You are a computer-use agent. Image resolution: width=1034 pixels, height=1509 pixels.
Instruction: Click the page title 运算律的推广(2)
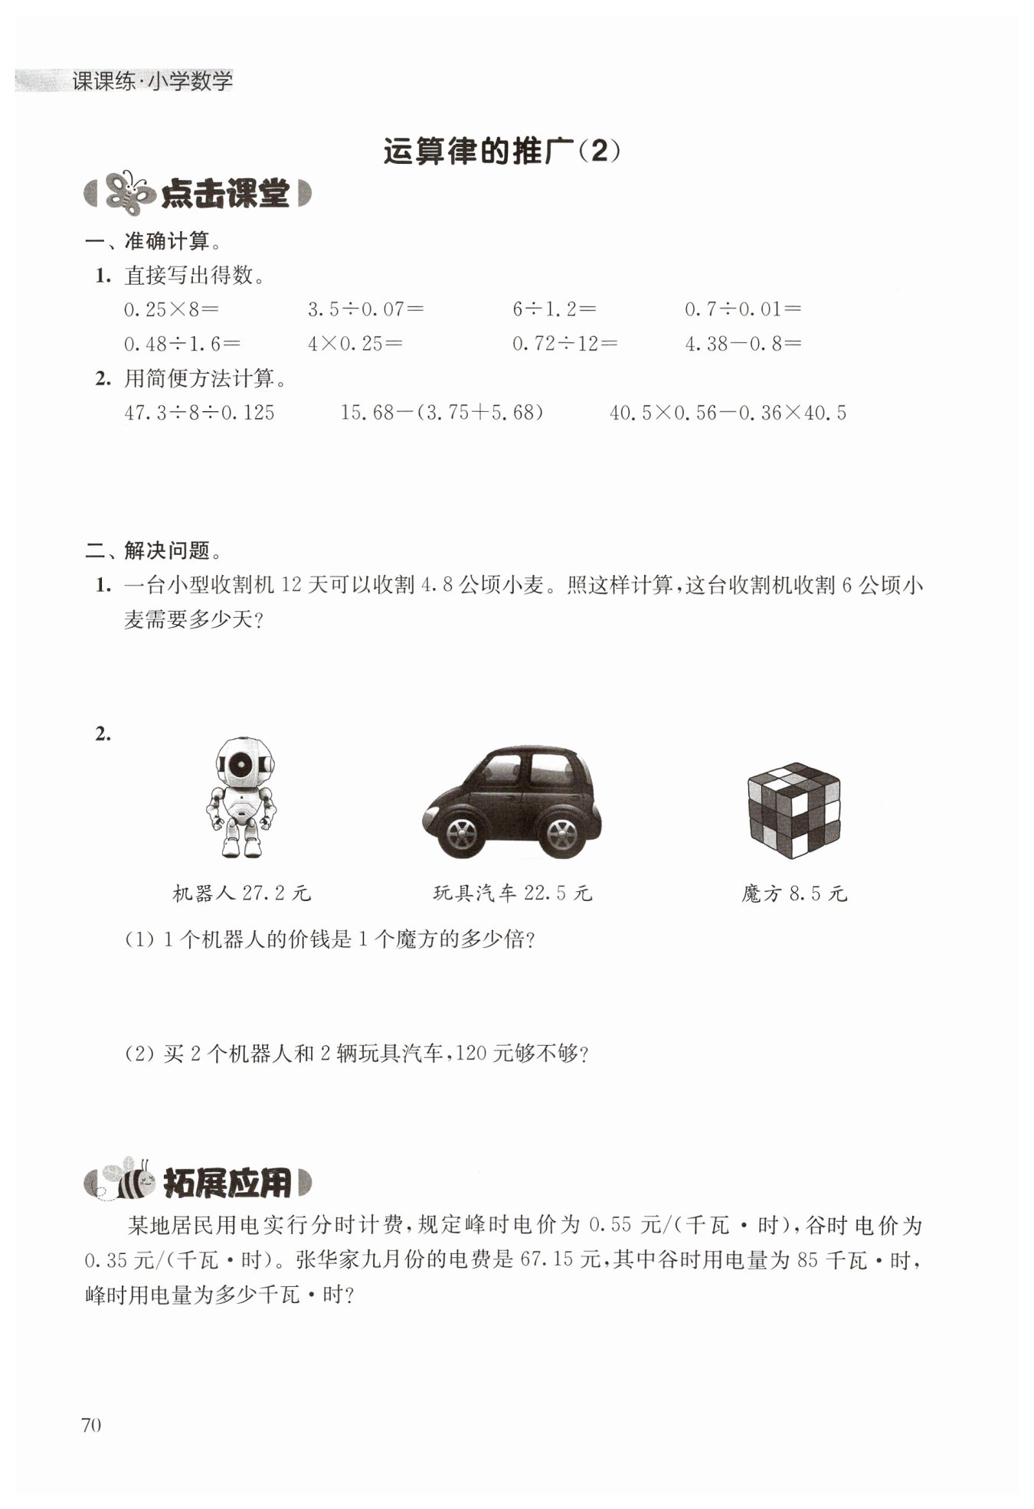pos(502,152)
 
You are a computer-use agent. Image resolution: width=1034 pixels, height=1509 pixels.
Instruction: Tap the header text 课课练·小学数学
pos(152,81)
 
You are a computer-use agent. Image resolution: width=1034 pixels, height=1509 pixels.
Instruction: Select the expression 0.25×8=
pos(172,309)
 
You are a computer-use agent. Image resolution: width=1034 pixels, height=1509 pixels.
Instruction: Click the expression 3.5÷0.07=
pos(365,309)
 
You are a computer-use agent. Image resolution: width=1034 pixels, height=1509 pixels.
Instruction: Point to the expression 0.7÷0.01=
pos(742,309)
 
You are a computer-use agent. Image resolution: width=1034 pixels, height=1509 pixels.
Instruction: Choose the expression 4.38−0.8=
pos(742,344)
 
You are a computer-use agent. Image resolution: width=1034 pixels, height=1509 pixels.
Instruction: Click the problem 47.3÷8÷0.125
pos(199,413)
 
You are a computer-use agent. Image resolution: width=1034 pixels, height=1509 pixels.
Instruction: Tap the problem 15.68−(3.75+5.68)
pos(442,413)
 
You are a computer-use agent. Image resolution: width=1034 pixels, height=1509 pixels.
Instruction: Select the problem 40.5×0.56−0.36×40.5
pos(728,413)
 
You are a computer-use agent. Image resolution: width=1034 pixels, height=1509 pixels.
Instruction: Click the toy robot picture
pos(241,796)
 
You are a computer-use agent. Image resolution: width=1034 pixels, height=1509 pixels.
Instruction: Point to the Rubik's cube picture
pos(793,810)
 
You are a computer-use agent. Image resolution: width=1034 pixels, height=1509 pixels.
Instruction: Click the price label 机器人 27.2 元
pos(242,893)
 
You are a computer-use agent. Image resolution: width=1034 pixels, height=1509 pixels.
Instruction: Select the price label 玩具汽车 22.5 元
pos(512,893)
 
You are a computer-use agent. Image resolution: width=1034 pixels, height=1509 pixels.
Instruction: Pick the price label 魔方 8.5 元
pos(793,893)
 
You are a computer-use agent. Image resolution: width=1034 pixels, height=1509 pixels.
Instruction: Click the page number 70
pos(90,1425)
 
